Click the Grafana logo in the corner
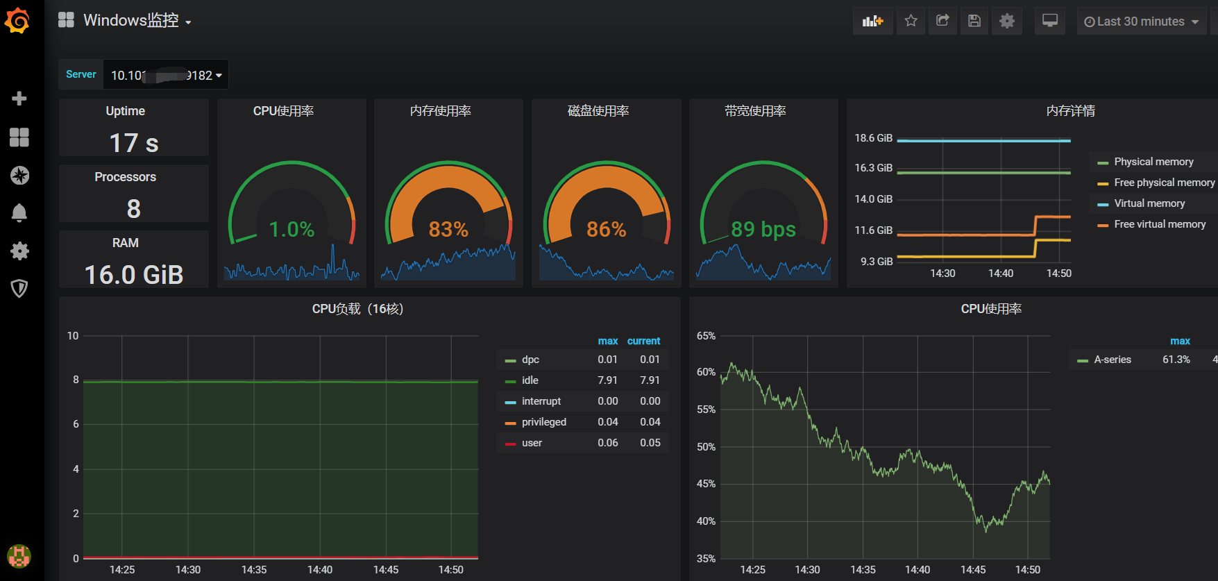tap(17, 20)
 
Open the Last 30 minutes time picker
tap(1141, 22)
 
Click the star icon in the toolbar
tap(911, 21)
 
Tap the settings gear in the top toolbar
tap(1006, 21)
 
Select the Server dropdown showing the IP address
tap(165, 75)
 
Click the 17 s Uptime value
tap(134, 143)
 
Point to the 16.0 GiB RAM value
tap(134, 275)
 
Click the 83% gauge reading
tap(448, 229)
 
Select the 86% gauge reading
tap(606, 229)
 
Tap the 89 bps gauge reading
tap(763, 229)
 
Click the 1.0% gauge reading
tap(291, 229)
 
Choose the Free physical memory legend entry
tap(1164, 183)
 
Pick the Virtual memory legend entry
tap(1149, 203)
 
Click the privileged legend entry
tap(543, 422)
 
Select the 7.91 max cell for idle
tap(607, 380)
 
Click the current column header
tap(643, 341)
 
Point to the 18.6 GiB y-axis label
tap(873, 138)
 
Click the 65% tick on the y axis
tap(706, 336)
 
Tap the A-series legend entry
tap(1112, 360)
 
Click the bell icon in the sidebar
tap(19, 212)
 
